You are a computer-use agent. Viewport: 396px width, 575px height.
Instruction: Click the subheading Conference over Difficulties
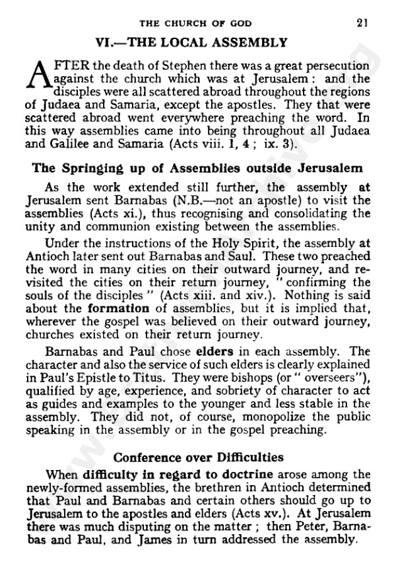(197, 456)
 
